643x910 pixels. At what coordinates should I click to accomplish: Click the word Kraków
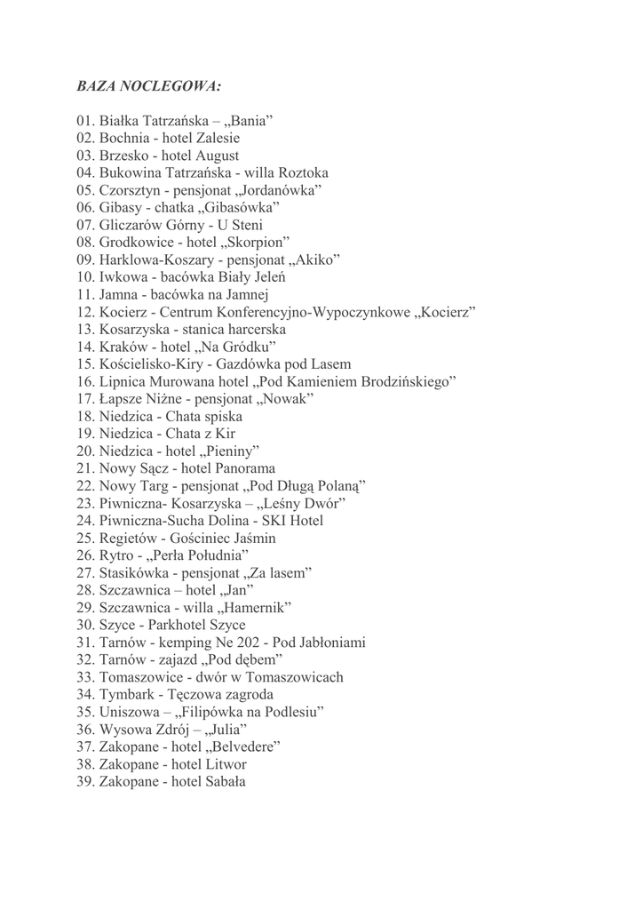(x=123, y=347)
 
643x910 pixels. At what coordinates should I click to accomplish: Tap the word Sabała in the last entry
(x=224, y=782)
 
